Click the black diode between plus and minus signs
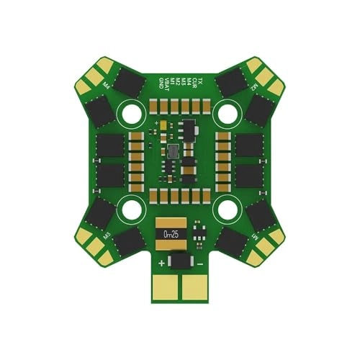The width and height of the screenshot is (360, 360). tap(180, 261)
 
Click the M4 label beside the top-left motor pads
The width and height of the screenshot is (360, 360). tap(107, 85)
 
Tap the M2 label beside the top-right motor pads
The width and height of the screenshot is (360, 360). tap(255, 85)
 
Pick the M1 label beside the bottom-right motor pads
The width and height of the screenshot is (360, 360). tap(254, 236)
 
